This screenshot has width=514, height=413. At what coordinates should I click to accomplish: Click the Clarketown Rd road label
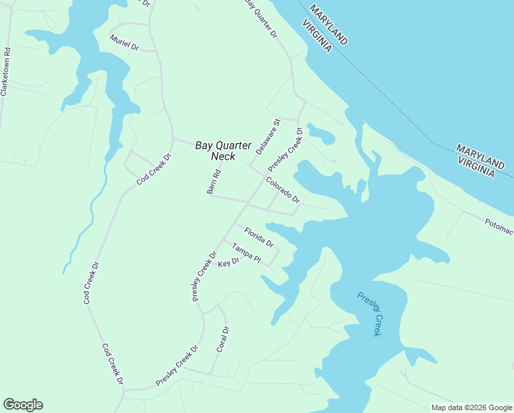(x=6, y=71)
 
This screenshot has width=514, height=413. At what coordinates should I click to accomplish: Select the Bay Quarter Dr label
(x=261, y=19)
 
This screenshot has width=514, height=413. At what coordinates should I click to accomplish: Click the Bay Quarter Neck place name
(x=219, y=151)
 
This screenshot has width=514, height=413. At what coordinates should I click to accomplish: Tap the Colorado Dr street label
(x=283, y=190)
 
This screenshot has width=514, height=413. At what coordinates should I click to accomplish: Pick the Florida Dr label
(x=259, y=237)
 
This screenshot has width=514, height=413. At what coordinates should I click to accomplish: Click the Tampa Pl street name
(x=246, y=253)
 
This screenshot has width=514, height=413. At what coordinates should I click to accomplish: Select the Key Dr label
(x=228, y=262)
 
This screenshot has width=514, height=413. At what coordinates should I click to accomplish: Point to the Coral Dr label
(x=222, y=339)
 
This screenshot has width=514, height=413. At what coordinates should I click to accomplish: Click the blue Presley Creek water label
(x=369, y=314)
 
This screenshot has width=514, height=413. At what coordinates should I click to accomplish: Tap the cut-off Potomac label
(x=498, y=226)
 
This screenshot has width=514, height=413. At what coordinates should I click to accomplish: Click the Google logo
(x=23, y=405)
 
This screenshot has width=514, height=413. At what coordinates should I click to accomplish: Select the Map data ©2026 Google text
(x=471, y=407)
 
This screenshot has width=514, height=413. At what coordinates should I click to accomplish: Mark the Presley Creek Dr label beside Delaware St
(x=285, y=149)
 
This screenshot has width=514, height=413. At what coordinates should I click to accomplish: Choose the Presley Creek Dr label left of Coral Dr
(x=177, y=365)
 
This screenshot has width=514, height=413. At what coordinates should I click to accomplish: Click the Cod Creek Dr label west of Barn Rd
(x=153, y=169)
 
